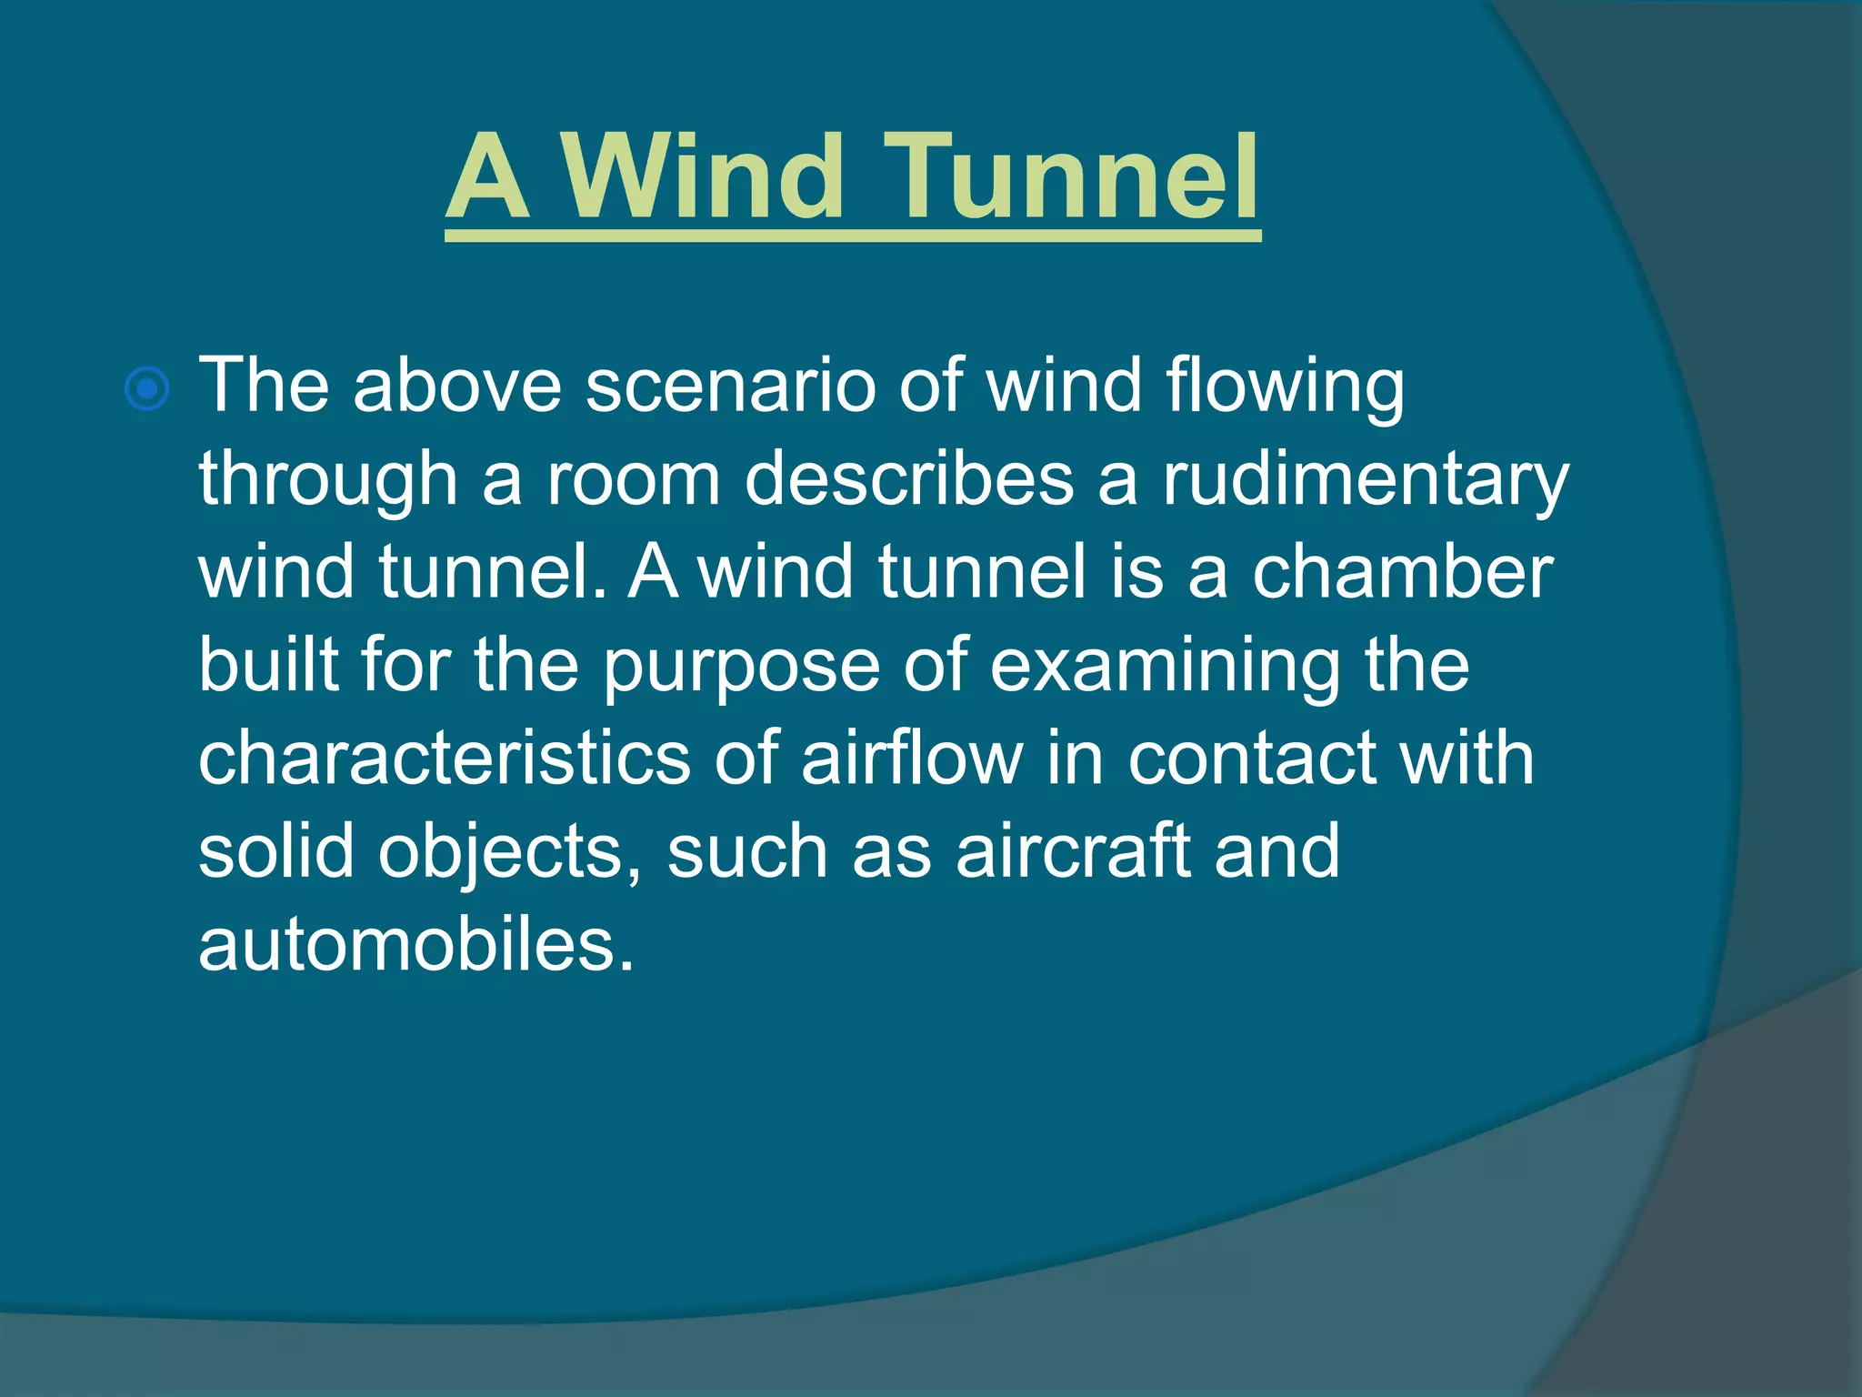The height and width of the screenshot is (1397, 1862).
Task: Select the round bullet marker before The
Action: tap(146, 390)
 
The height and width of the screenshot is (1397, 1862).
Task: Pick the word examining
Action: tap(1164, 667)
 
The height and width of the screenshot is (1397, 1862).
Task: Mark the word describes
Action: tap(908, 480)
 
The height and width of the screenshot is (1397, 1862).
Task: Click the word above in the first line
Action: tap(457, 387)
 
